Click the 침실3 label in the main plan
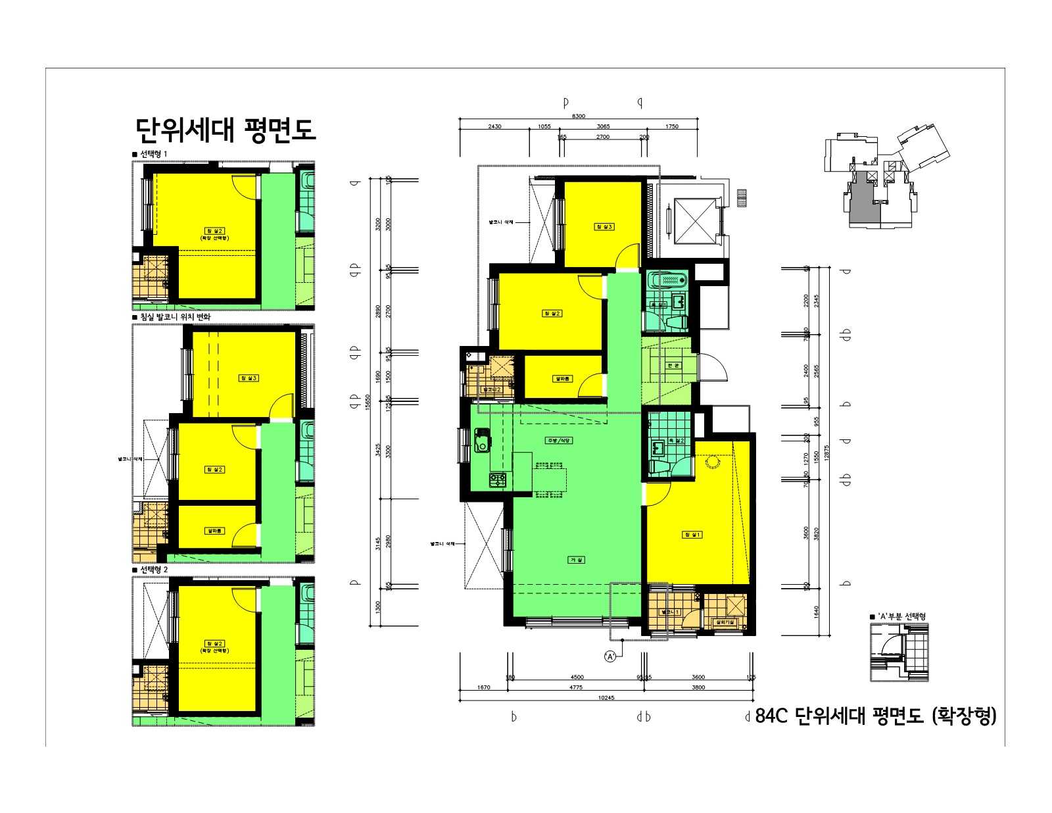point(604,227)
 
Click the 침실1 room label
point(692,535)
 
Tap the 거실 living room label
point(576,560)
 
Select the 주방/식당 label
point(558,440)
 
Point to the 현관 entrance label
point(673,365)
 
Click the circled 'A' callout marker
point(610,656)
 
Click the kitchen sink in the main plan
point(482,439)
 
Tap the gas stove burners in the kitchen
point(498,480)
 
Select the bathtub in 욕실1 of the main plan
point(667,281)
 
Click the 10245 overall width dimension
point(606,698)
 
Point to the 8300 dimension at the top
point(578,116)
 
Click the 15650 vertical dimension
point(368,401)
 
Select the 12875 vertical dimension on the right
point(826,453)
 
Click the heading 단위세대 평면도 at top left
point(226,130)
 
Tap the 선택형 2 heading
point(154,570)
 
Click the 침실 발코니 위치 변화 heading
point(175,317)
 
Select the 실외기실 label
point(725,622)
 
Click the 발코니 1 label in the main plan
point(669,612)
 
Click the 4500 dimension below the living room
point(577,677)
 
